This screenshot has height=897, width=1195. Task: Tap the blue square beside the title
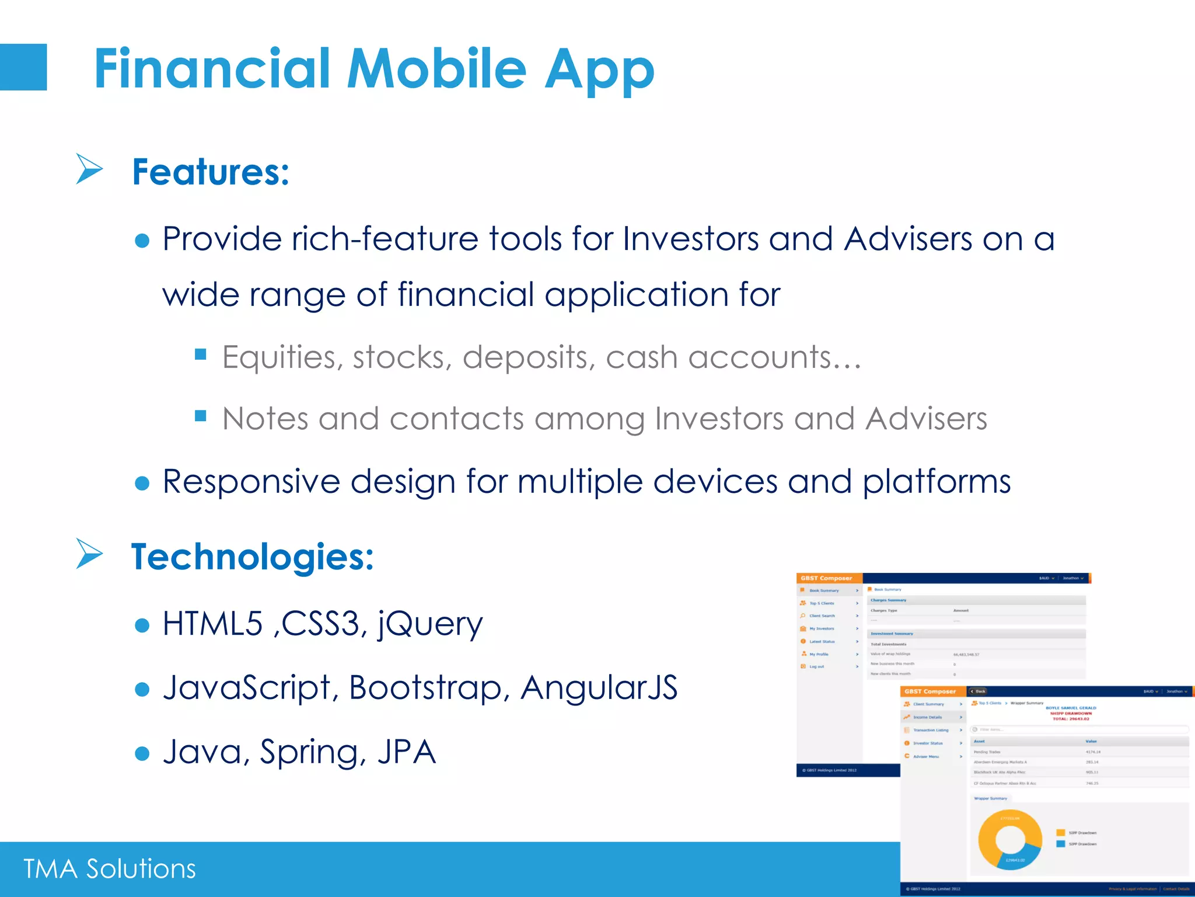23,67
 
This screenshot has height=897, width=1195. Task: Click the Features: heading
211,172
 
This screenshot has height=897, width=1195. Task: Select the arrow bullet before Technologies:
89,554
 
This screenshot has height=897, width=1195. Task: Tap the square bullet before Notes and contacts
201,416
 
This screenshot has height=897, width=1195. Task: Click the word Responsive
251,482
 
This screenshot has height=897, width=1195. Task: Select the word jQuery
431,624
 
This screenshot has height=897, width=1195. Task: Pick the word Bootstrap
426,687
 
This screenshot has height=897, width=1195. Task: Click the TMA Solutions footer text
110,869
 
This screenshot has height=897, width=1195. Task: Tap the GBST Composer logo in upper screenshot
826,578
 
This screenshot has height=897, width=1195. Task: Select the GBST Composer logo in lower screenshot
930,691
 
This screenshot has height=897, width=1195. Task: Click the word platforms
937,482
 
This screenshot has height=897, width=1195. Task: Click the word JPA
407,752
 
